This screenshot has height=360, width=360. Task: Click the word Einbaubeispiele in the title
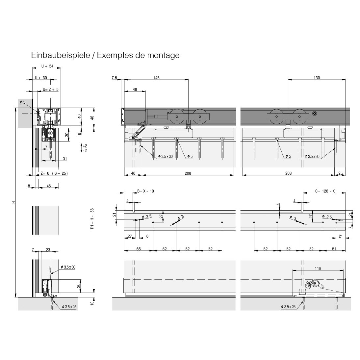(60, 55)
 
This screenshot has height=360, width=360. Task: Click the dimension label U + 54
(47, 66)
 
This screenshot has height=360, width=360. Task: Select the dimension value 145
(156, 78)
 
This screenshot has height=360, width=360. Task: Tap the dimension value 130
(317, 78)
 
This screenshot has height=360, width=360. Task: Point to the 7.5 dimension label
(114, 78)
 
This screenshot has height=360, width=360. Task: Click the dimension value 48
(135, 89)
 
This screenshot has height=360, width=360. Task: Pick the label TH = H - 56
(92, 219)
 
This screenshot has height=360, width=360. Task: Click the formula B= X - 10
(145, 191)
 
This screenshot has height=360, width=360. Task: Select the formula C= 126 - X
(325, 191)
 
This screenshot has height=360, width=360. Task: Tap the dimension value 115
(318, 269)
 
